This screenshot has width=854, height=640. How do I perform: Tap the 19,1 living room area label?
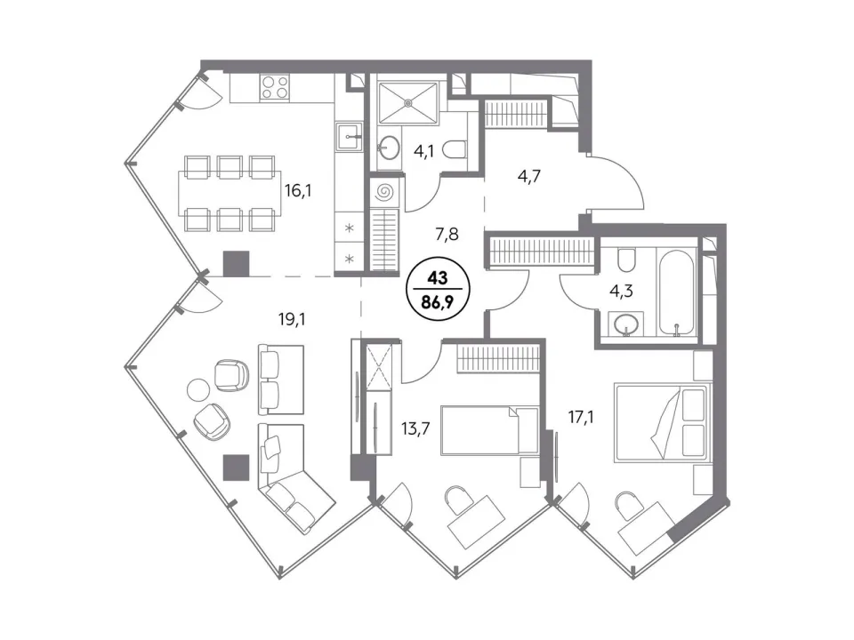click(x=292, y=319)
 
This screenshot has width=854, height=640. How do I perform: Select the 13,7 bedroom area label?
click(x=415, y=428)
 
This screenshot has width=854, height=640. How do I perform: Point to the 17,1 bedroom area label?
click(x=581, y=418)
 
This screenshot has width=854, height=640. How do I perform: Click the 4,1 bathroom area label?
click(x=423, y=151)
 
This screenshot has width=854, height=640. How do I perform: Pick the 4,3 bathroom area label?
click(x=621, y=292)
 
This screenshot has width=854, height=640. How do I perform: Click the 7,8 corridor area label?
click(x=447, y=235)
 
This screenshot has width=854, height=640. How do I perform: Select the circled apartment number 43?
click(x=437, y=278)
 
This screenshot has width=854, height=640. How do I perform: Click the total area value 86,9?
click(x=437, y=301)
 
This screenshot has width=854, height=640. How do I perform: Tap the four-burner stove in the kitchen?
click(x=275, y=88)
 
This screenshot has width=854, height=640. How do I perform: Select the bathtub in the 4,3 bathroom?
click(x=678, y=292)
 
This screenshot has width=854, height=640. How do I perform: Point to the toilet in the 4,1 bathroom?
click(x=455, y=149)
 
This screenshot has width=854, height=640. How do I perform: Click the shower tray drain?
click(x=408, y=101)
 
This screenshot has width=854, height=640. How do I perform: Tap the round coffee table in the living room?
click(x=198, y=390)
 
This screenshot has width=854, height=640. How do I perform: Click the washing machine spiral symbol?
click(x=384, y=192)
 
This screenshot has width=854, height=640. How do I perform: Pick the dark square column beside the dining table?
click(x=237, y=263)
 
